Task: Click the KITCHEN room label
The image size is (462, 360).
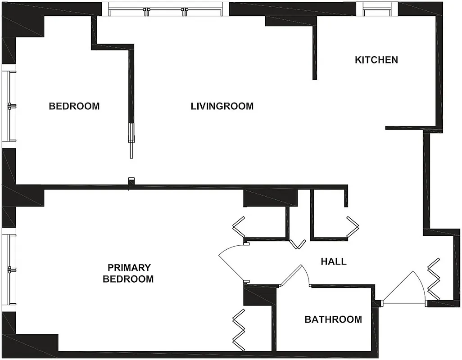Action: [376, 60]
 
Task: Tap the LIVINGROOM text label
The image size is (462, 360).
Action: [222, 107]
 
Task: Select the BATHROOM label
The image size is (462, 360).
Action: [333, 319]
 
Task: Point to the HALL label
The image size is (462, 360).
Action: [334, 261]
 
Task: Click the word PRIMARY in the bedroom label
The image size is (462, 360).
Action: [128, 268]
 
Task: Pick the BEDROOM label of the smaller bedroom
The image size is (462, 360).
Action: [74, 107]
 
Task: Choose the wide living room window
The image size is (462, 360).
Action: [165, 9]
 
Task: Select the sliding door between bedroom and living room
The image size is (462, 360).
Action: [131, 139]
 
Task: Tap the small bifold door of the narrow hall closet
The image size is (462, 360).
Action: [297, 244]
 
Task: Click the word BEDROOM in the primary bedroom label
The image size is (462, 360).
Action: [128, 279]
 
